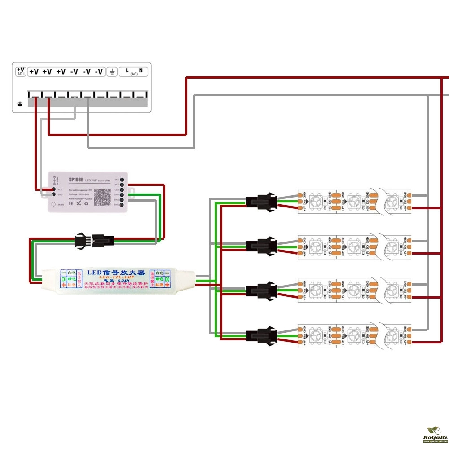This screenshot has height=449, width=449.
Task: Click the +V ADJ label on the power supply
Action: pyautogui.click(x=21, y=71)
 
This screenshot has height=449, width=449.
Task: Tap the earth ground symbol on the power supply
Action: pyautogui.click(x=112, y=71)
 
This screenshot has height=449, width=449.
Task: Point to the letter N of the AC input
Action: pyautogui.click(x=141, y=70)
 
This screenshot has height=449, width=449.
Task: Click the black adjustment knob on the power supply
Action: pyautogui.click(x=19, y=104)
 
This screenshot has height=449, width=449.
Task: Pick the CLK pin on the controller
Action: pyautogui.click(x=123, y=189)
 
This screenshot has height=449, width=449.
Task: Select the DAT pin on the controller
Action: pyautogui.click(x=123, y=194)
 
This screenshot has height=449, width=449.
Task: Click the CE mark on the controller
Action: pyautogui.click(x=78, y=203)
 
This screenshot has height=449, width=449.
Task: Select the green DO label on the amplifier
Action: pyautogui.click(x=167, y=279)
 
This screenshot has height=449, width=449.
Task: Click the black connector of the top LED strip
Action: pyautogui.click(x=260, y=201)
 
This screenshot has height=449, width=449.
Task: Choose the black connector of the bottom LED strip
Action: pyautogui.click(x=260, y=335)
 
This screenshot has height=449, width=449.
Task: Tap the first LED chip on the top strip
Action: pyautogui.click(x=317, y=201)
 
